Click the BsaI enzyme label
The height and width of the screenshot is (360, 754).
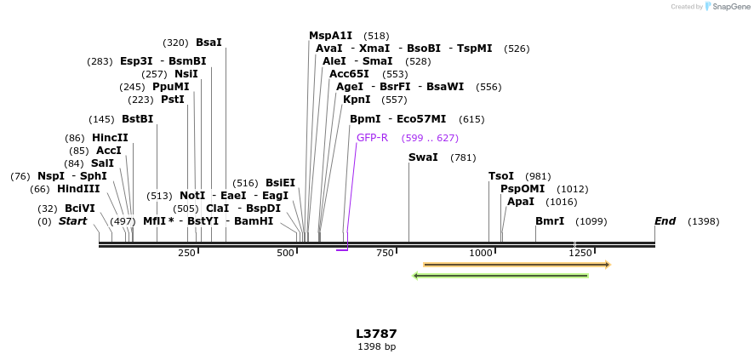(x=208, y=43)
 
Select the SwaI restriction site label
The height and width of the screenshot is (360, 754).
(x=423, y=157)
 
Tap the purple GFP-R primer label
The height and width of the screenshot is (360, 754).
(x=372, y=138)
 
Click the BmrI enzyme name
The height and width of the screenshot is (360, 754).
(x=550, y=221)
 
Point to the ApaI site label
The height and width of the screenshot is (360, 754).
(x=521, y=202)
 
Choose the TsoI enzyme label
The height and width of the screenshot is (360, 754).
(x=501, y=176)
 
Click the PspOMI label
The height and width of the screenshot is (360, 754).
(x=522, y=189)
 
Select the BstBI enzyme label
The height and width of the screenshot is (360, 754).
(x=138, y=119)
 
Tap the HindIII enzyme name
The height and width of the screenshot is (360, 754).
(x=78, y=189)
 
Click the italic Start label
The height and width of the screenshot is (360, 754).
(x=72, y=221)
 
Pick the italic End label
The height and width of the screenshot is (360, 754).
(x=665, y=221)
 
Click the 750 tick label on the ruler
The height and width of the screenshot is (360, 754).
(x=386, y=253)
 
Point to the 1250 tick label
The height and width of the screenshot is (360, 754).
(x=580, y=253)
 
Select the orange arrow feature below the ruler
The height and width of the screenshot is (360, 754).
(x=517, y=265)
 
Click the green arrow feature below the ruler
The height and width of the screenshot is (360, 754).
(x=500, y=276)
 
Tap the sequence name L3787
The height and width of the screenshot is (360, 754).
(x=376, y=334)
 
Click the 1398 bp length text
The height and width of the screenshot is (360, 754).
(x=376, y=346)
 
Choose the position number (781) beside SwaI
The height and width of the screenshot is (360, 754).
(x=463, y=157)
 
